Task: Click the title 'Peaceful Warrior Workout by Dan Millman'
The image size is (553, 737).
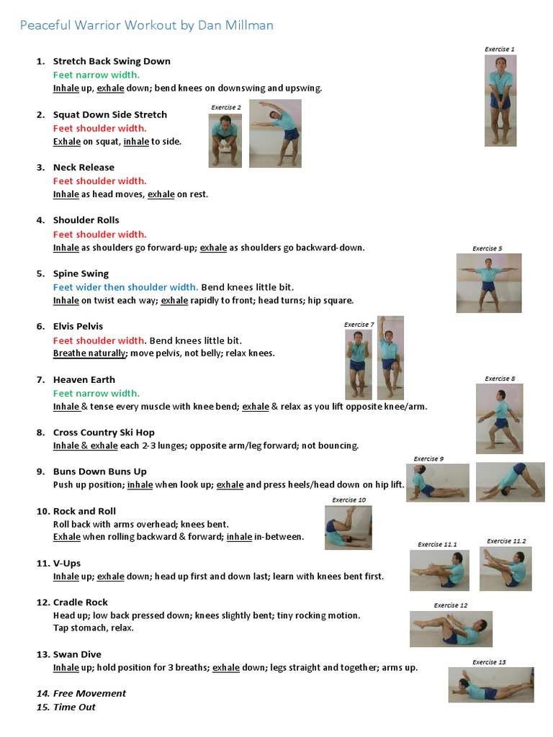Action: (146, 25)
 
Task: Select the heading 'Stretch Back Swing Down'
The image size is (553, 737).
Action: (112, 61)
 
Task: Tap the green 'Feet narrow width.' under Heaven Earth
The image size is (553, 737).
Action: (96, 393)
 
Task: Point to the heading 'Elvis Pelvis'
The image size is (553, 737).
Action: (79, 326)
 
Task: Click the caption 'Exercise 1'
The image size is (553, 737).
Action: (500, 50)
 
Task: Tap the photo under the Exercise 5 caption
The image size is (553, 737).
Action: (488, 283)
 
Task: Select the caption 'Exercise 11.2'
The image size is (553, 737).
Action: (506, 541)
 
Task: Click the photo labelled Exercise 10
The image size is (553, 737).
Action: (349, 528)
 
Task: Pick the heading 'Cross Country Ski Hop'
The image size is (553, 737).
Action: (104, 433)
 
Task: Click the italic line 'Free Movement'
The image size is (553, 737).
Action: (89, 693)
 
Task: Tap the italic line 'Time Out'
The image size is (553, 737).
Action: (74, 707)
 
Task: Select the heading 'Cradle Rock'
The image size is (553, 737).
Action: (81, 602)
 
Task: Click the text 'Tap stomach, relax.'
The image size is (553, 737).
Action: (94, 628)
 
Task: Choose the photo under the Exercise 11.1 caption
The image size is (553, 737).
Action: (439, 571)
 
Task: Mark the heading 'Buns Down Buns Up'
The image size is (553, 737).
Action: (99, 471)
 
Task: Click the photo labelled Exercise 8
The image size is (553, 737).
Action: (499, 418)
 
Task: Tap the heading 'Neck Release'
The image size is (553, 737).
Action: (84, 167)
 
